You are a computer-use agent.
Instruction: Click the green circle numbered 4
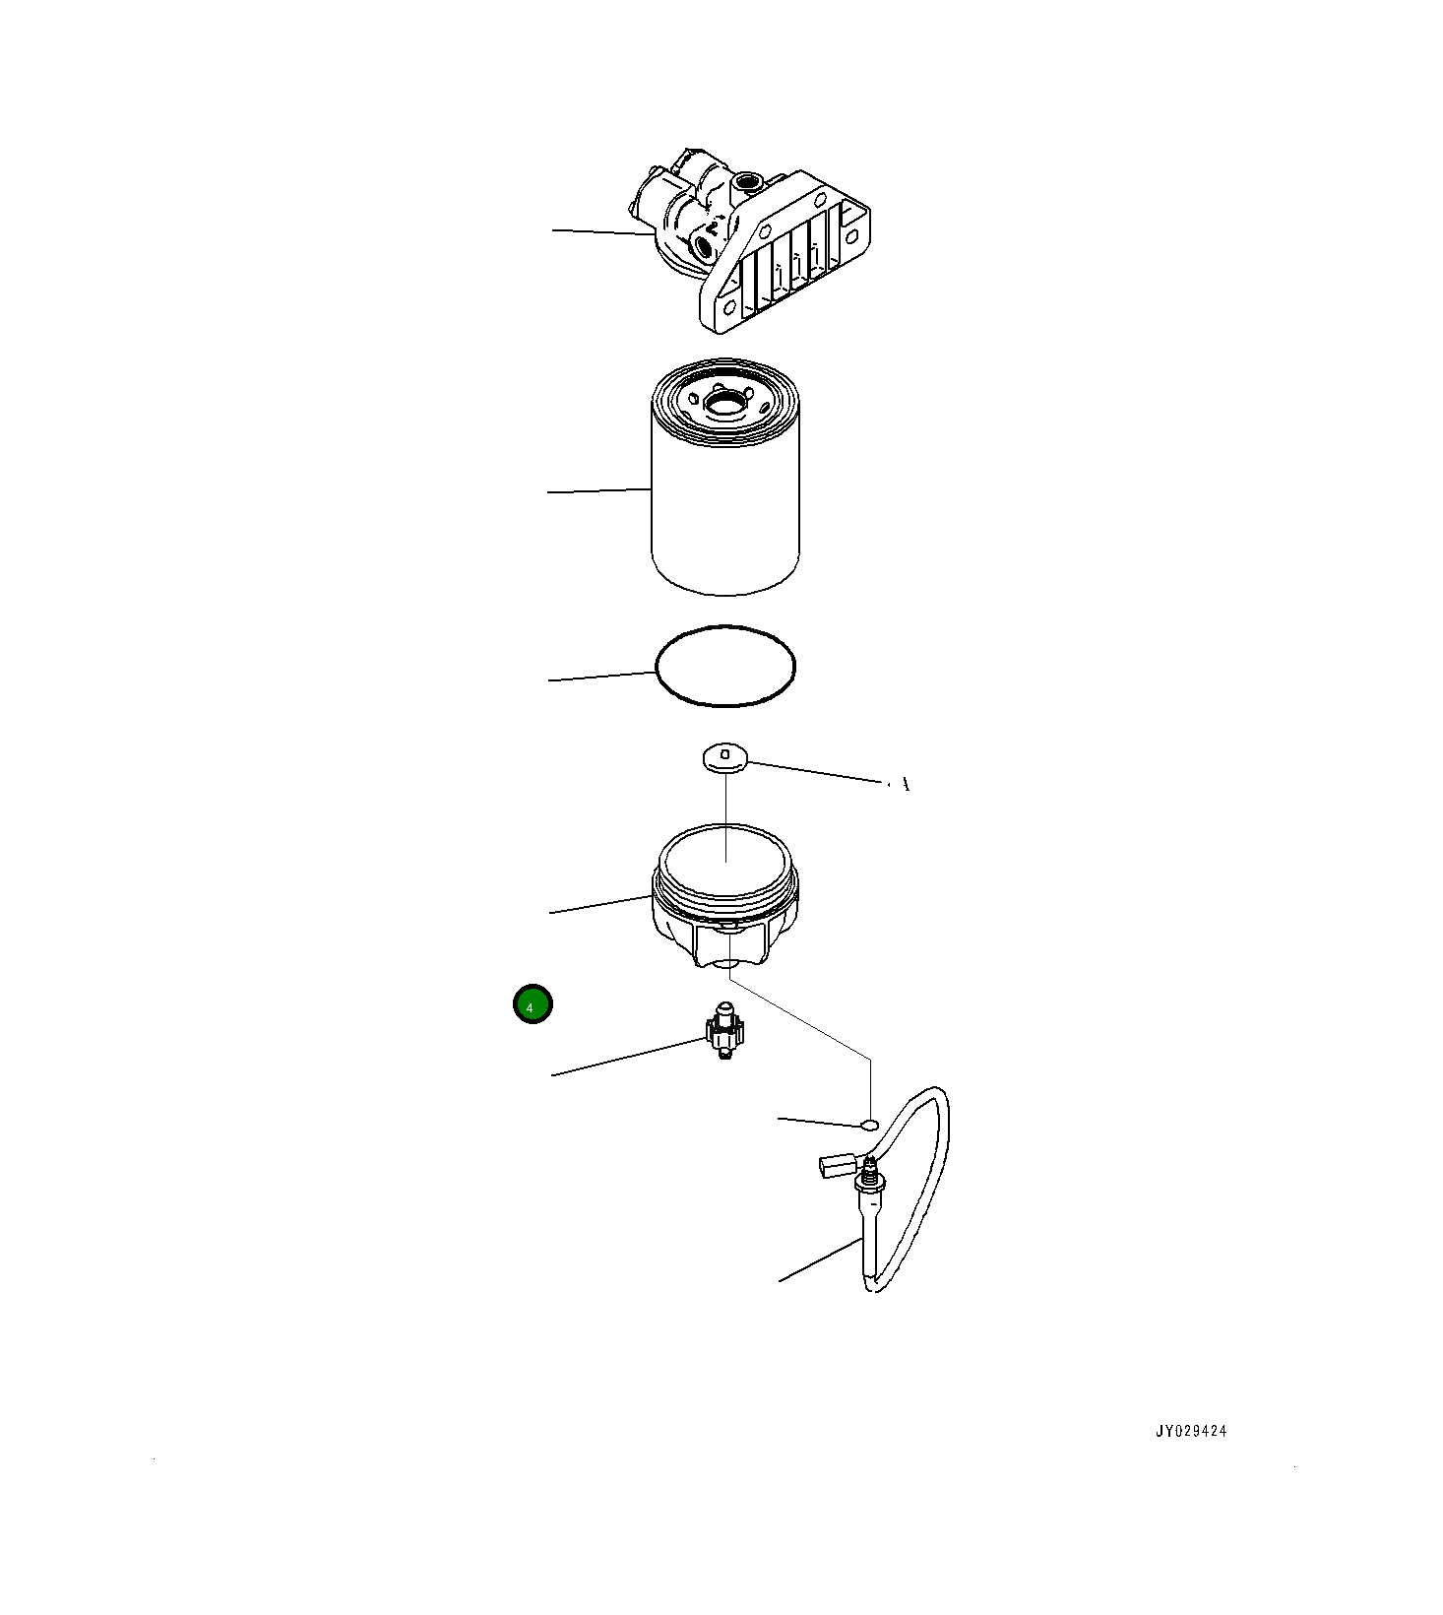(533, 1004)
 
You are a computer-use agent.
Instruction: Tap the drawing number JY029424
(1191, 1432)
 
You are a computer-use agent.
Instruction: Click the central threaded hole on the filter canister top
(726, 402)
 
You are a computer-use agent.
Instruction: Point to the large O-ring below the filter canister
(725, 667)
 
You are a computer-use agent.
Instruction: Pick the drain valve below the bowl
(724, 1031)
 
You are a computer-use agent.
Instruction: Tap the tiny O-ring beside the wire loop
(869, 1124)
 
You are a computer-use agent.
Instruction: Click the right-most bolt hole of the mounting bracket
(850, 234)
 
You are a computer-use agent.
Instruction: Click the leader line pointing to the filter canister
(599, 490)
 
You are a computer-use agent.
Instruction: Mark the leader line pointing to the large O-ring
(601, 676)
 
